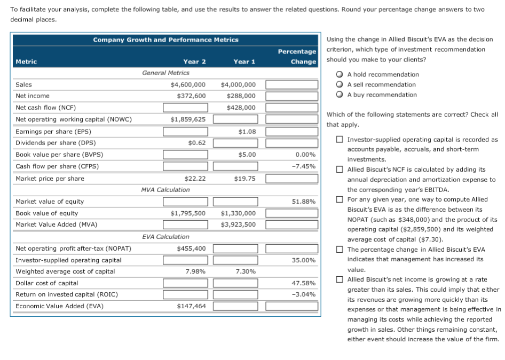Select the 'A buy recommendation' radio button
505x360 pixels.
[x=339, y=95]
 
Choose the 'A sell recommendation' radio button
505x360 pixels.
[x=339, y=85]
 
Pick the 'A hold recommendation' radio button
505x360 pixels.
[x=339, y=75]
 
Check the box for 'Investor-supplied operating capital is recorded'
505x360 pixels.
[x=340, y=140]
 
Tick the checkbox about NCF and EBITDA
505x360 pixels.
[x=340, y=170]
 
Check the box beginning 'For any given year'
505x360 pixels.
[x=340, y=199]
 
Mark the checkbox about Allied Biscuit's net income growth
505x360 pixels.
[x=340, y=279]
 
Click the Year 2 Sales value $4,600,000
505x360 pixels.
[x=187, y=85]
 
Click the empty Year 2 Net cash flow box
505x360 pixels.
[x=185, y=108]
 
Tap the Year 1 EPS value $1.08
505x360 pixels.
[x=247, y=131]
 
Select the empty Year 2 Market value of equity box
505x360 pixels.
[x=185, y=202]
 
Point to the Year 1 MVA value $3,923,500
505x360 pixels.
[x=238, y=225]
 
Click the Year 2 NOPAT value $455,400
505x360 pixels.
[x=191, y=249]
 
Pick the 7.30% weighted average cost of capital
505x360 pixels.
[x=245, y=271]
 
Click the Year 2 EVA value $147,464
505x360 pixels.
[x=191, y=306]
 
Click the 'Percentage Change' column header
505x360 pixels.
[x=297, y=57]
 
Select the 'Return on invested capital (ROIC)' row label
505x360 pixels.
[x=67, y=294]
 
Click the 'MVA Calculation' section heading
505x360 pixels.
[x=165, y=190]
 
